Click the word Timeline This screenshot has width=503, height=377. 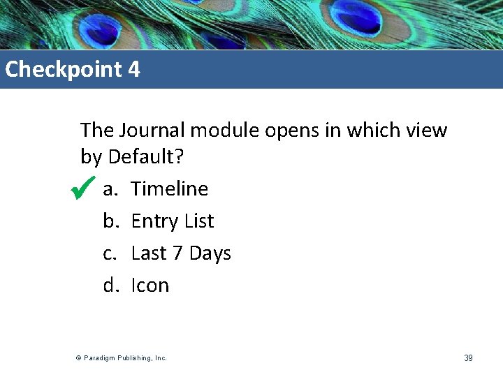(x=170, y=188)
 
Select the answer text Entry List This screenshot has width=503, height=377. (x=173, y=221)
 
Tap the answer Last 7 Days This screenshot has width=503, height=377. (x=181, y=253)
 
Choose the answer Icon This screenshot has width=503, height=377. (x=150, y=285)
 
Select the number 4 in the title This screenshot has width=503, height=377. (x=134, y=70)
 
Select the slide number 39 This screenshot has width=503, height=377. (x=468, y=358)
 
